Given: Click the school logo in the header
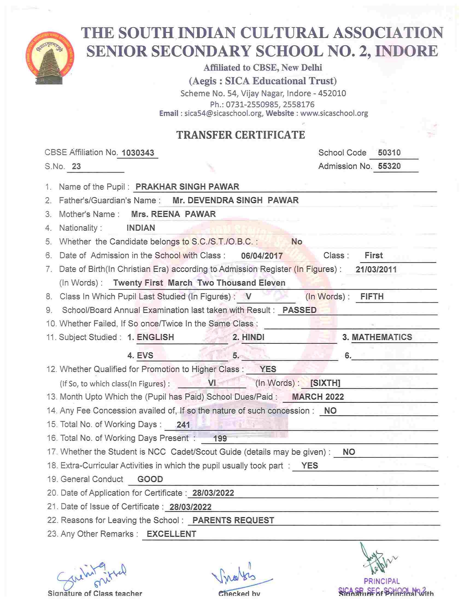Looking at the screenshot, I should pos(51,58).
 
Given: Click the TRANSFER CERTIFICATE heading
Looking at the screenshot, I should pos(240,135).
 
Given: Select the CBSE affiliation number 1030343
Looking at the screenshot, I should pos(138,153).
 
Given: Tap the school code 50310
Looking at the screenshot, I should pos(389,152).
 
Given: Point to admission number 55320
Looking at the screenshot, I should pos(389,166).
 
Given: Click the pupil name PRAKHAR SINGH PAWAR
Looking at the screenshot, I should pos(187,187).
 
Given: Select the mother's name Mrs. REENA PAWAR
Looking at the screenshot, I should pos(173,214).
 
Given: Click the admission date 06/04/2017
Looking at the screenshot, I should pos(262,256).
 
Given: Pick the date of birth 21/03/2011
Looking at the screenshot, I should pos(376,269).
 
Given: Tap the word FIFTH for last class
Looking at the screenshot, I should pos(372,296).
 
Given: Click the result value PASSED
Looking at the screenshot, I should pos(299,310).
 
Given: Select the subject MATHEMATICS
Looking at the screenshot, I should pos(382,337).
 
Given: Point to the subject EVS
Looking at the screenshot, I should pos(145,355).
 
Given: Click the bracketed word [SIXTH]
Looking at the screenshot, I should pos(325,383).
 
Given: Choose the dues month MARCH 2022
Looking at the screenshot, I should pos(318,397).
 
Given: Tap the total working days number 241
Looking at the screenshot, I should pos(183,425).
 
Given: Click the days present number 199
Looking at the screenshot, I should pos(220,438).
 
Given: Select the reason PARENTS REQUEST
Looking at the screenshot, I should pos(233,520).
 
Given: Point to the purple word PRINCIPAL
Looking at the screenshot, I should pos(381,581).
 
